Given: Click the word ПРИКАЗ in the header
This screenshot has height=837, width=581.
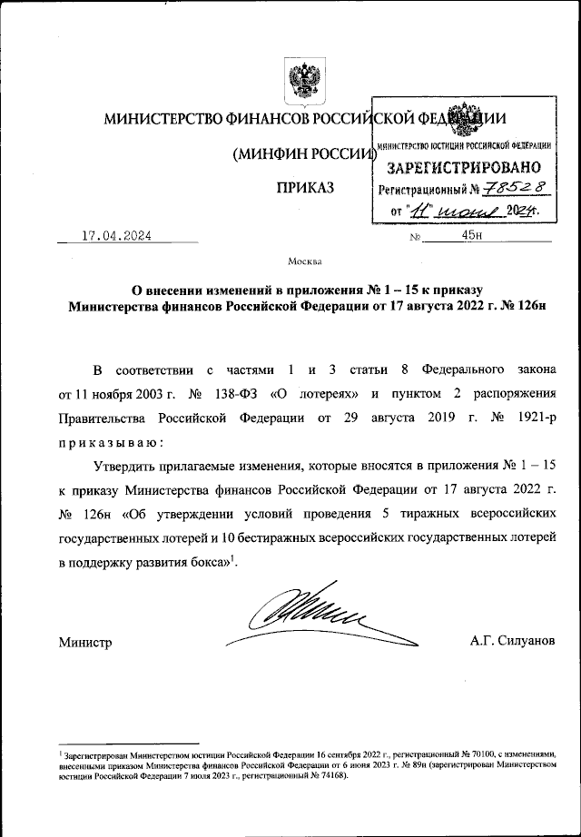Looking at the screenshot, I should (304, 189).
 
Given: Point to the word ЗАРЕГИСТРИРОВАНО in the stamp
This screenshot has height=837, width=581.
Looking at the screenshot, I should (465, 167).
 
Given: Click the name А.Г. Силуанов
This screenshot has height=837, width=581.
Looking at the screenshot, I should (510, 643).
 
